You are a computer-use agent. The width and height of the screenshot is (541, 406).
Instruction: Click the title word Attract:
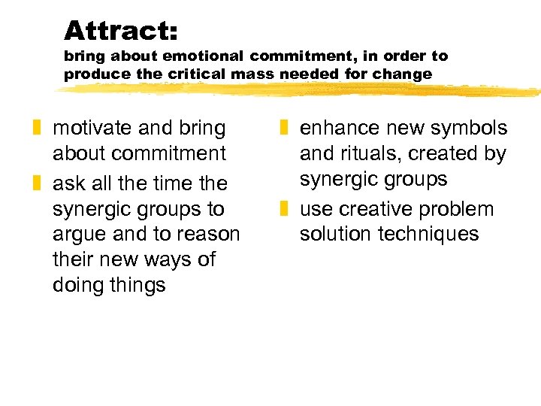[121, 31]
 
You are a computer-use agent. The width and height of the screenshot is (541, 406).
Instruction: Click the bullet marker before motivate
[39, 129]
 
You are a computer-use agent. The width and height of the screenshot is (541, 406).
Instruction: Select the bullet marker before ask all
[39, 183]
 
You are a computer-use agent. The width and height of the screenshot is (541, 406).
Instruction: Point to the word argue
[79, 234]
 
